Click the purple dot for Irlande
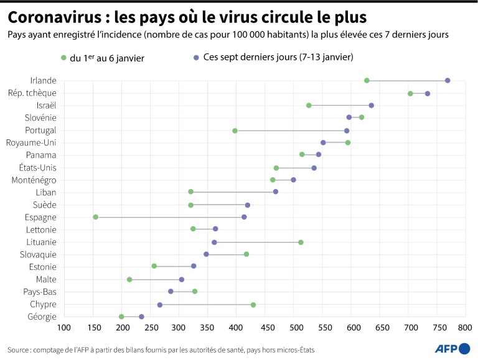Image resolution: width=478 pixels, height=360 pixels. click(x=448, y=81)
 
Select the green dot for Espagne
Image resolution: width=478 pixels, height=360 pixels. click(x=96, y=217)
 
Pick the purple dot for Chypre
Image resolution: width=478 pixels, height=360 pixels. click(x=160, y=305)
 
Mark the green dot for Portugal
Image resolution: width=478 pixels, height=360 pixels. click(x=235, y=131)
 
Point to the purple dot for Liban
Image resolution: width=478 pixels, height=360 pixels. click(x=276, y=192)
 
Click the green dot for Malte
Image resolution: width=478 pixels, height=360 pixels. click(x=129, y=280)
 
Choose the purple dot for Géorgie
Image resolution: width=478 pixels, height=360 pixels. click(x=142, y=317)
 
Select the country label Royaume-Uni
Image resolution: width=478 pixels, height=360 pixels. click(x=31, y=142)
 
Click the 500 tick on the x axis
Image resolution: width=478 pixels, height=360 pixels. click(x=294, y=328)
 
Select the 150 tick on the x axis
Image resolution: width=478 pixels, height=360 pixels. click(x=93, y=328)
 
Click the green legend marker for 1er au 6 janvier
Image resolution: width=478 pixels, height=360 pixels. click(x=63, y=58)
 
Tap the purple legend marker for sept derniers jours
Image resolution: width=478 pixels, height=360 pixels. click(x=197, y=58)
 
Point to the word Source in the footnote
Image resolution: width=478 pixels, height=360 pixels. click(x=19, y=350)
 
